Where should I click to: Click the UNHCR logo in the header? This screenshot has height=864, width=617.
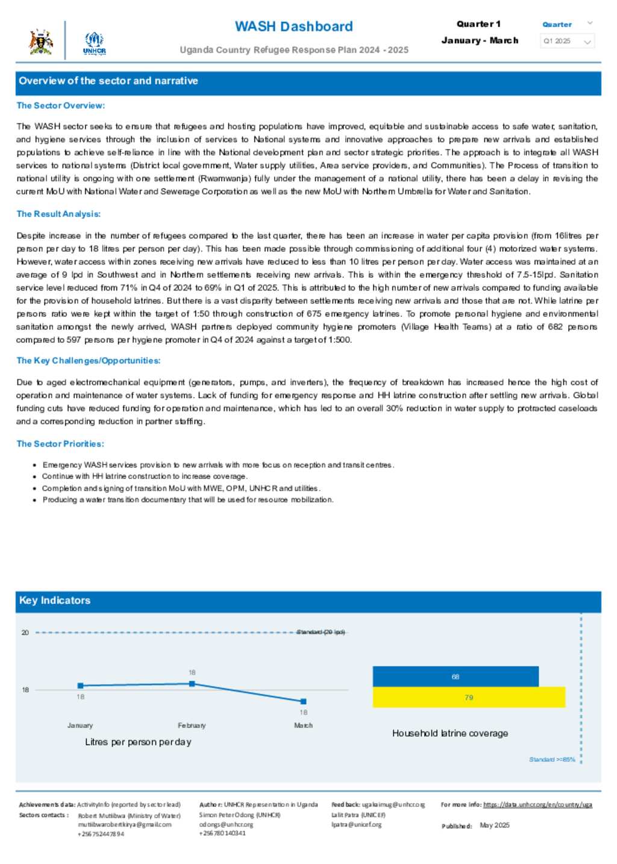(x=94, y=43)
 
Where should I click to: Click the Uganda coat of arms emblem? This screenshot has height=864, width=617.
(x=40, y=42)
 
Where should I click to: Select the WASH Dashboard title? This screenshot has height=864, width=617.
(x=293, y=27)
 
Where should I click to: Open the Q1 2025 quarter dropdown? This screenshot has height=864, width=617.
(x=567, y=41)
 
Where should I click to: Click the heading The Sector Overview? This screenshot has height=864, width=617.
(x=60, y=105)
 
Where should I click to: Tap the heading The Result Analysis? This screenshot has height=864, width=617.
(x=58, y=214)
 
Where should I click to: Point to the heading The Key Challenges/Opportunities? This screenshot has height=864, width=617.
(x=89, y=360)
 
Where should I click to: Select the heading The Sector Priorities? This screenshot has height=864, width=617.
(x=60, y=443)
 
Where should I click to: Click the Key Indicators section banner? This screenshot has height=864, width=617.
(x=308, y=600)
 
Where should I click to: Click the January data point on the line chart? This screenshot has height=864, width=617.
(x=81, y=686)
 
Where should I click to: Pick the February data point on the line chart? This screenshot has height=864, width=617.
(x=192, y=683)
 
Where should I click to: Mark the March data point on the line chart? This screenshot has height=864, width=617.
(x=304, y=701)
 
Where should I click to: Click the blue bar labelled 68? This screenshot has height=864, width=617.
(x=456, y=677)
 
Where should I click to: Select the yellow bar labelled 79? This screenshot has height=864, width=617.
(x=469, y=697)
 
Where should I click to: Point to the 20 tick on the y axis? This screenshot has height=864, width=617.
(x=25, y=632)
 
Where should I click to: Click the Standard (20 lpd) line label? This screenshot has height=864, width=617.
(x=321, y=632)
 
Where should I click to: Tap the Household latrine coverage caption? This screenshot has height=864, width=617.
(x=450, y=733)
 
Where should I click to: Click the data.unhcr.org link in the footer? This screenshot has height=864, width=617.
(x=537, y=804)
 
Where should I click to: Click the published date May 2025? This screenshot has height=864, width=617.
(x=495, y=825)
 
